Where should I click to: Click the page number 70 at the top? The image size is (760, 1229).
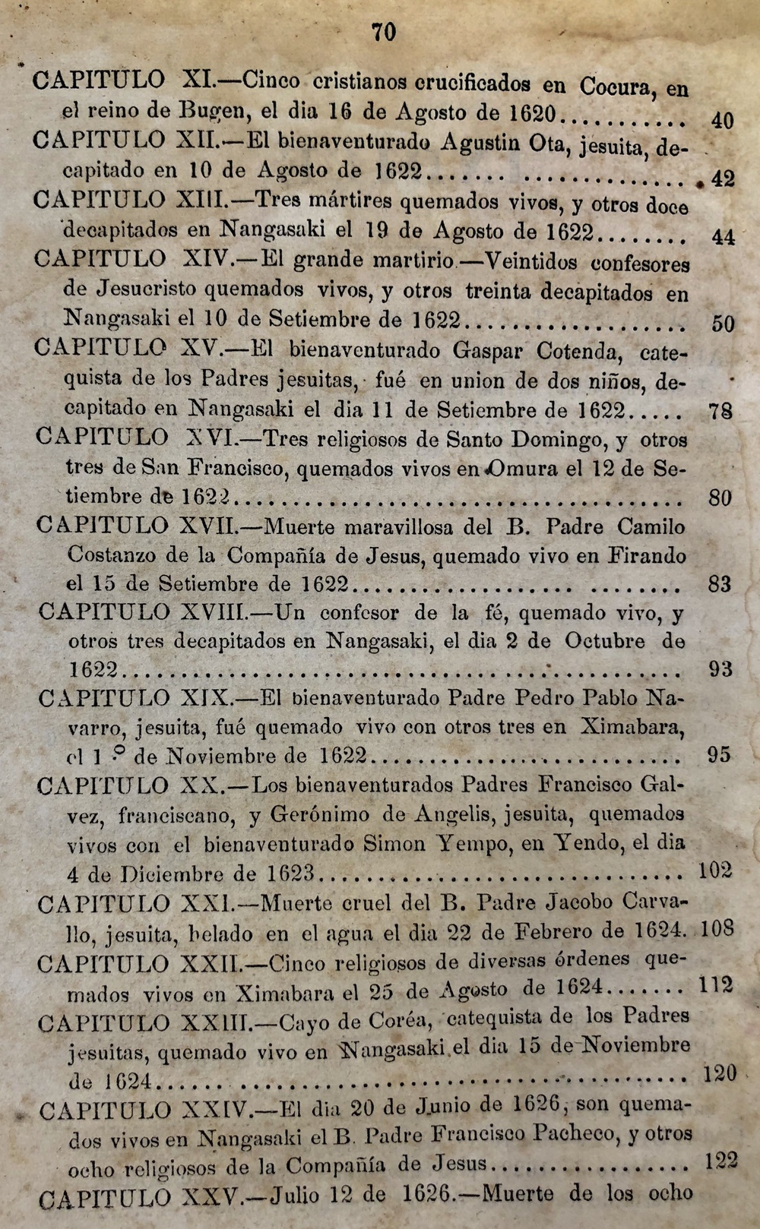(x=384, y=32)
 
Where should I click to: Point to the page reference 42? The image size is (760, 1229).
(x=721, y=179)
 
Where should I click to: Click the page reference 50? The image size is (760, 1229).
(x=723, y=324)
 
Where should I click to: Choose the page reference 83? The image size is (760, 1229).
(x=719, y=584)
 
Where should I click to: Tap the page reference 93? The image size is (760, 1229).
(x=720, y=669)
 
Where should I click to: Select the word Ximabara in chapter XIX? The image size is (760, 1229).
(x=632, y=727)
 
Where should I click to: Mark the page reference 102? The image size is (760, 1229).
(x=714, y=870)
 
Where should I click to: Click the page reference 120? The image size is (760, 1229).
(x=720, y=1073)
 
